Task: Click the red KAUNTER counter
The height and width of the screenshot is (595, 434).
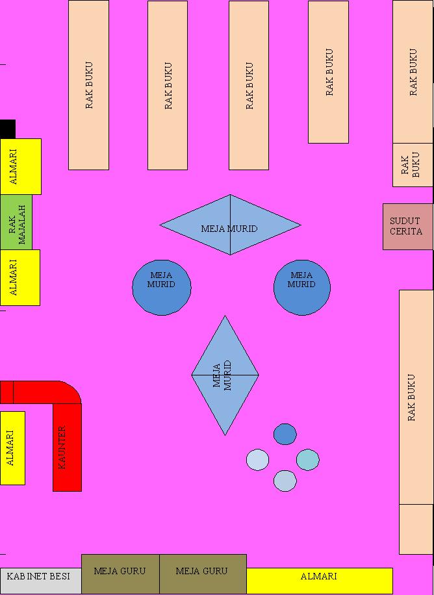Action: point(67,448)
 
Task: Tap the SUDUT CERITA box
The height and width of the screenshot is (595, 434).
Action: point(407,226)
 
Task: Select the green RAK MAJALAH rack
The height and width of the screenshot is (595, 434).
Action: point(16,222)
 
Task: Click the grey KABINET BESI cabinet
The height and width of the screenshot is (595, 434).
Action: point(40,576)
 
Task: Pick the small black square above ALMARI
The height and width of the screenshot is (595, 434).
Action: point(7,129)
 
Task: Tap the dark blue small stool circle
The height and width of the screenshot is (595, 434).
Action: point(285,434)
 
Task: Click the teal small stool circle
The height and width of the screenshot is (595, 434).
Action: point(308,460)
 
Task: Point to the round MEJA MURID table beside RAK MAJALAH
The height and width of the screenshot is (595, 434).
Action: point(162,287)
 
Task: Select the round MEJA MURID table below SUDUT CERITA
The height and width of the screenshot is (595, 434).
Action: point(301,287)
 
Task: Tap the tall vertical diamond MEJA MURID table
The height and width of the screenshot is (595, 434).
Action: point(225,375)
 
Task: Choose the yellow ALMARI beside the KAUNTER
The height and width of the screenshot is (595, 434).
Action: point(12,448)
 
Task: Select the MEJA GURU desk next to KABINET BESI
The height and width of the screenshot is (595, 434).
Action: point(120,574)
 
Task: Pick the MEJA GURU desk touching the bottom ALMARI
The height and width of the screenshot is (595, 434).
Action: point(203,574)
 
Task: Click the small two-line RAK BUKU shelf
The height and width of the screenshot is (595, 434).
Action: point(413,165)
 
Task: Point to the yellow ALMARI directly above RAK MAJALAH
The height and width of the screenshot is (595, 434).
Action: point(20,166)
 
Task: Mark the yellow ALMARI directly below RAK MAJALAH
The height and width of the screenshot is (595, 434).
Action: point(19,277)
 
